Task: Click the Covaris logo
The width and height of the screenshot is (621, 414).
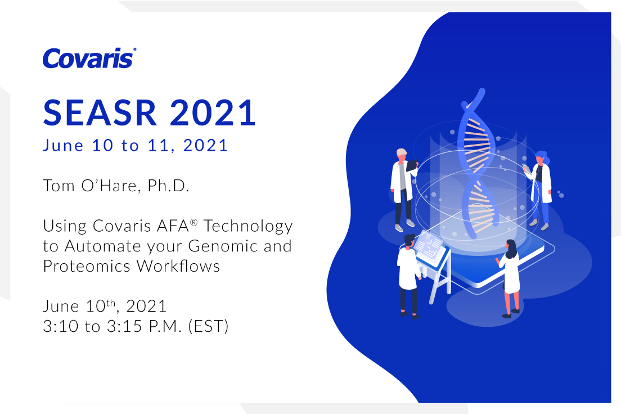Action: (89, 58)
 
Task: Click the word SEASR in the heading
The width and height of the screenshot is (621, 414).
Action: (100, 113)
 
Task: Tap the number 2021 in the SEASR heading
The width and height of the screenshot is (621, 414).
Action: (213, 113)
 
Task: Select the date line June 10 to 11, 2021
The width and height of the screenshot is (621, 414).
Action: (135, 145)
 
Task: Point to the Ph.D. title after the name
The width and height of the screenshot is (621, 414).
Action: (168, 186)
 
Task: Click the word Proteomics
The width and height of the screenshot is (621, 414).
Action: (87, 266)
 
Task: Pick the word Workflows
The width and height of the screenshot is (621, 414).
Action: (178, 266)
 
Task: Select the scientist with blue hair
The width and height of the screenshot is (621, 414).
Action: (539, 190)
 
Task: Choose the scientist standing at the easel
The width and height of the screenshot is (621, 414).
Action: (409, 276)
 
